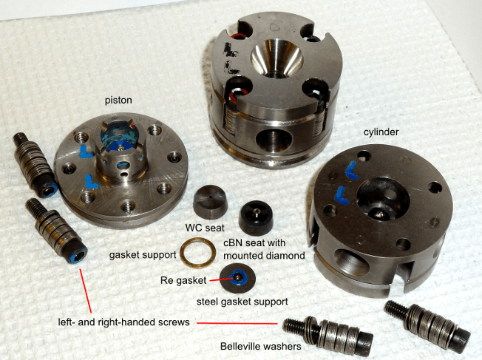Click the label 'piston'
tap(118, 101)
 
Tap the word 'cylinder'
tap(381, 132)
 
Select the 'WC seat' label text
tap(205, 228)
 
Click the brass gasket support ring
tap(197, 253)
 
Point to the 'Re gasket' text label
tap(183, 280)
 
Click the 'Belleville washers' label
tap(261, 347)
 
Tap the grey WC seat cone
tap(210, 201)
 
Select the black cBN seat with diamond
tap(256, 217)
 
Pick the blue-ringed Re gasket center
tap(239, 277)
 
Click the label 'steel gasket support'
tap(242, 302)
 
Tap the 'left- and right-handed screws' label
tap(124, 322)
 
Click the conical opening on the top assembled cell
tap(276, 58)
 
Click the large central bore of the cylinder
tap(383, 199)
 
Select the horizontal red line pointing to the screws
tap(237, 323)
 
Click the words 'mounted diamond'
tap(264, 255)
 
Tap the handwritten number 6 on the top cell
tap(274, 27)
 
